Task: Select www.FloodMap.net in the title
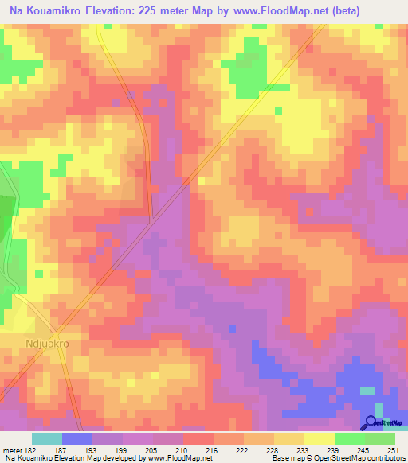pyautogui.click(x=267, y=11)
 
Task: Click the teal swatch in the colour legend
pyautogui.click(x=47, y=438)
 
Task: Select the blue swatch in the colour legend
pyautogui.click(x=77, y=438)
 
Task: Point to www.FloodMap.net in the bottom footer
pyautogui.click(x=172, y=459)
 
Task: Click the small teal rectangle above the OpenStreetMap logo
pyautogui.click(x=367, y=391)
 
